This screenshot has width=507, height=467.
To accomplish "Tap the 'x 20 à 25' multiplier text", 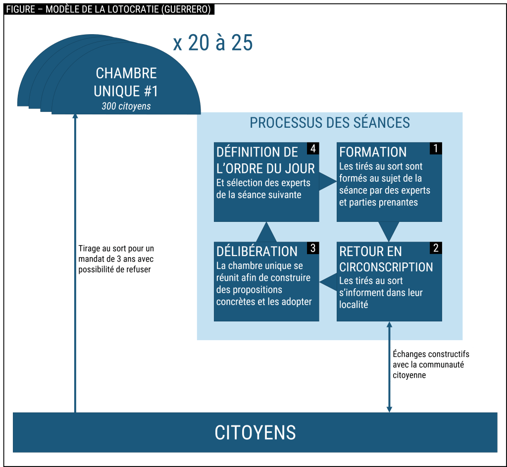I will point(213,44).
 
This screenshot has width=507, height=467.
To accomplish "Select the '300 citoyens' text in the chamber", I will point(126,106).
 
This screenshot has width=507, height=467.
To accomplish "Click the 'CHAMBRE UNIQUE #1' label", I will point(126,82).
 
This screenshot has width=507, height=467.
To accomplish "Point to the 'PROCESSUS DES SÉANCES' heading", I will point(330,122).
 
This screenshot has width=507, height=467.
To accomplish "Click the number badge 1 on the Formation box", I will point(436,148).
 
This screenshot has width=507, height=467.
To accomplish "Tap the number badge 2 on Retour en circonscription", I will point(436,248).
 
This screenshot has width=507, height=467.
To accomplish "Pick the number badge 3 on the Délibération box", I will point(312,248).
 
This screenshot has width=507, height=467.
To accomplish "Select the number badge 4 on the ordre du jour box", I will point(312,148).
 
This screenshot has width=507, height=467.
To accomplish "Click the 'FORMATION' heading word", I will point(373,152).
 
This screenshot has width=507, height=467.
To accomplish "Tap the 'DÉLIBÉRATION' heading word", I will point(257,251).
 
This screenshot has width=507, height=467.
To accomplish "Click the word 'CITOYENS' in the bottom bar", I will point(255,432).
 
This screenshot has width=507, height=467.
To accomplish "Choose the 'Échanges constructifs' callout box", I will point(431,365).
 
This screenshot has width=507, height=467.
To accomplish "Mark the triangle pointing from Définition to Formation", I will point(326,182).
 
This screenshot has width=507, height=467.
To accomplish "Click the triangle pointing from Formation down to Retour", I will point(389,230).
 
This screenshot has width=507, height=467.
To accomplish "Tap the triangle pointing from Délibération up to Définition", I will point(266,232).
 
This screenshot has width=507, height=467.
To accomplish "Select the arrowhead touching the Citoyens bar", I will point(389,409).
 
